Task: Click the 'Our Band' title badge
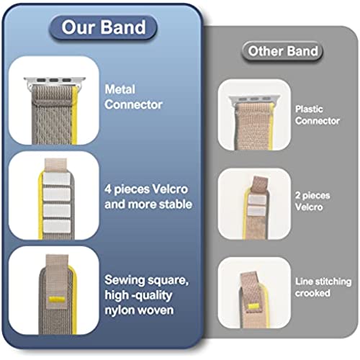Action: (103, 27)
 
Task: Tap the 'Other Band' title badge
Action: (282, 51)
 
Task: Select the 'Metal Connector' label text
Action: (133, 97)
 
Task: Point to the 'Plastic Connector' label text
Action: (318, 115)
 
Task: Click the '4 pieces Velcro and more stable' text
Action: (148, 197)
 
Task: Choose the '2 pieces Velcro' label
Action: (312, 201)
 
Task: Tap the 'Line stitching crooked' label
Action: (323, 287)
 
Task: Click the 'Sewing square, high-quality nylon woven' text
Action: (146, 295)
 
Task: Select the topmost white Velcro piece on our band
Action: (57, 179)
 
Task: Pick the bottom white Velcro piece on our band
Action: (57, 227)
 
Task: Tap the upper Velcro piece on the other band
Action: (256, 199)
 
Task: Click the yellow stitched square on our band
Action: (57, 300)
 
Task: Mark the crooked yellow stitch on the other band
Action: (254, 306)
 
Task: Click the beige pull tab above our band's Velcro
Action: (56, 165)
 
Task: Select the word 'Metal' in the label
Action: (120, 89)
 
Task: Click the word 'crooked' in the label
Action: (312, 293)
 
